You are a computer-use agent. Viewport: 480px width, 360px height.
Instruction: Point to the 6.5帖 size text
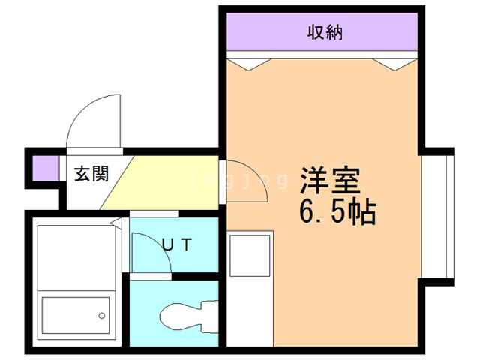coord(337,214)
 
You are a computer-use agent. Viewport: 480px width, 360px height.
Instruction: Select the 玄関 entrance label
coord(91,174)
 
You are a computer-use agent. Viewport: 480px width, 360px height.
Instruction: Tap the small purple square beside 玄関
coord(43,167)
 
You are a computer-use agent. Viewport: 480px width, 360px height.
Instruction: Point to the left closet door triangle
coord(247,64)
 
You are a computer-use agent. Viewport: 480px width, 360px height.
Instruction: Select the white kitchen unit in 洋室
coord(251,255)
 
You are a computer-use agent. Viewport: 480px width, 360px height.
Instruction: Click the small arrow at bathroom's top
coord(115,223)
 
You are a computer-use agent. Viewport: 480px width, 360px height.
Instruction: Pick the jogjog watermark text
coord(240,181)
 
